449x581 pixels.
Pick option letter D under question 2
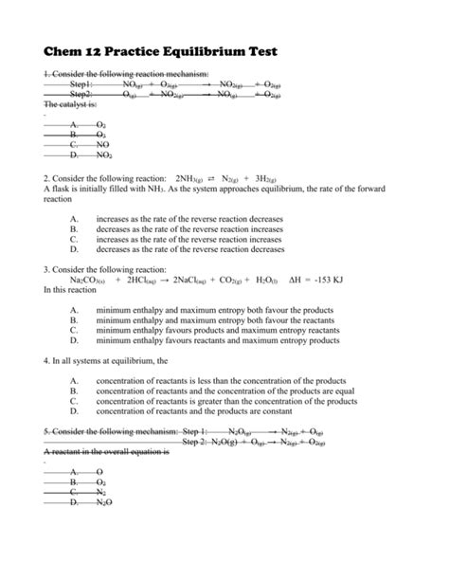click(x=74, y=250)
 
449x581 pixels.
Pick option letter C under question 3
click(x=74, y=332)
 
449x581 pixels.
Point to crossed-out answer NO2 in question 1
click(x=103, y=154)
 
